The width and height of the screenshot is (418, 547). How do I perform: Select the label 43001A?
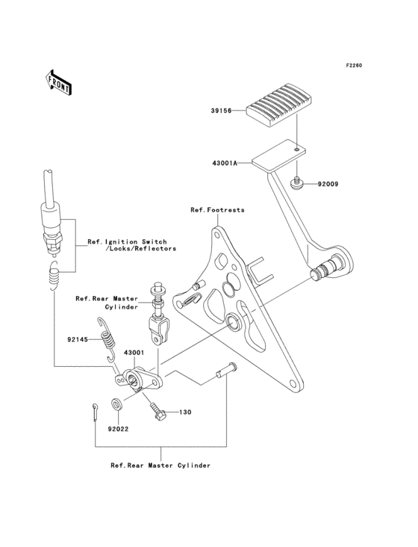pos(224,162)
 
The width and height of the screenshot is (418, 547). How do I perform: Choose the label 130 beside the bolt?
pos(184,412)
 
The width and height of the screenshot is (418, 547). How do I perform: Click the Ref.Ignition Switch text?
pos(127,242)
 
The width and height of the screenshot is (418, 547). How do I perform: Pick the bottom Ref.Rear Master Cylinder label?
pos(160,465)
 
